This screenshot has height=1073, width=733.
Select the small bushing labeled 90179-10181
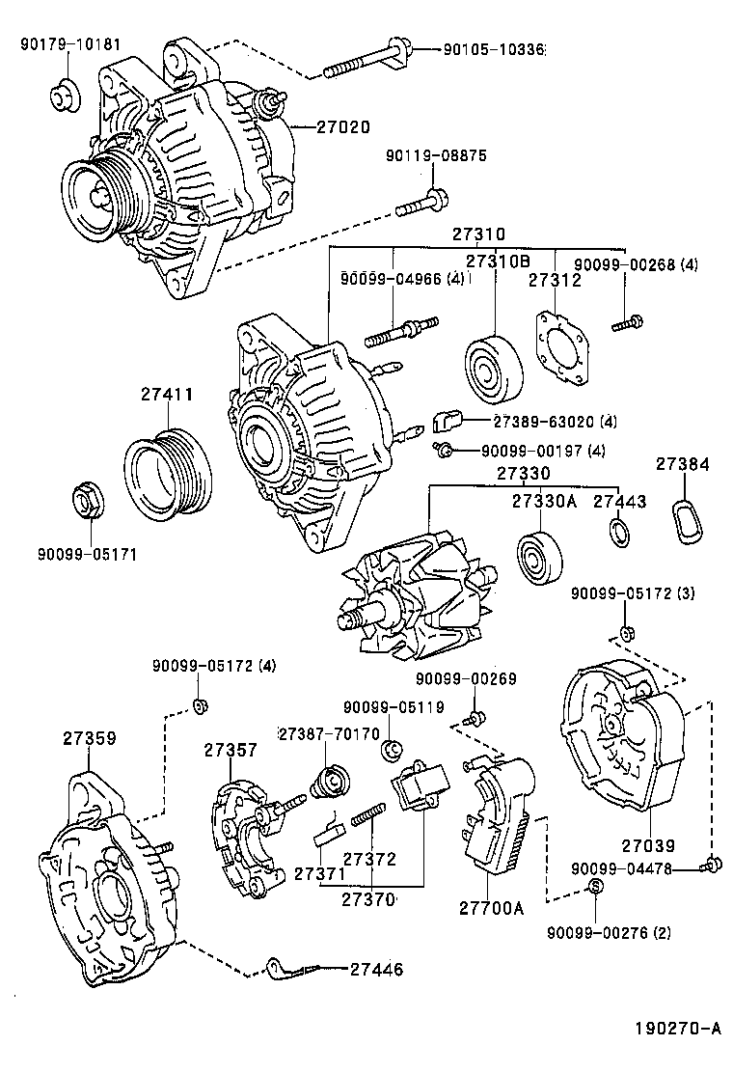click(x=65, y=95)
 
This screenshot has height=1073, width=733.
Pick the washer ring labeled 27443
click(x=618, y=530)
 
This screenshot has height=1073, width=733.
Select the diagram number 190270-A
click(x=676, y=1029)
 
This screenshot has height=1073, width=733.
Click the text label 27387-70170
click(x=329, y=733)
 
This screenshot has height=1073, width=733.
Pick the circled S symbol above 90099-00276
click(x=595, y=887)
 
